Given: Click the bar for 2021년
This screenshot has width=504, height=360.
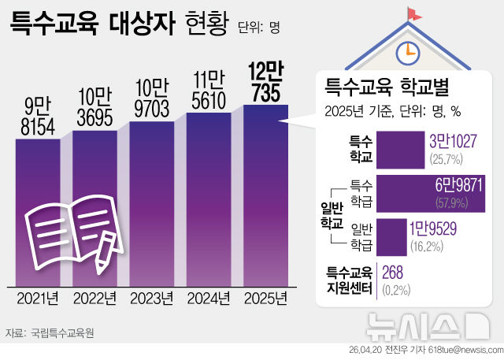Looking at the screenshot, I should [x=38, y=213].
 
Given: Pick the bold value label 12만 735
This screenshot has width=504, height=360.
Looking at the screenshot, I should [x=265, y=83].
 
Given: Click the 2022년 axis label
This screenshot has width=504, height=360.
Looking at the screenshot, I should [x=94, y=299].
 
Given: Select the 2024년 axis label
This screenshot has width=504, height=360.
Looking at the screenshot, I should [x=208, y=299].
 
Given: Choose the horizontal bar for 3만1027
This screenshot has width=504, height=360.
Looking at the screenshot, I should [x=402, y=149].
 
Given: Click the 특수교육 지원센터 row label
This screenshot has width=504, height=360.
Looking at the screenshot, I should [x=349, y=280].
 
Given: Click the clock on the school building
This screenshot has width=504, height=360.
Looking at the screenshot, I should [x=407, y=51].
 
